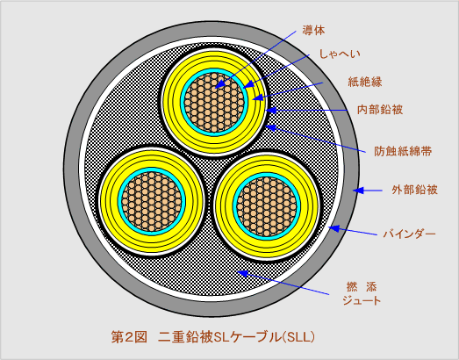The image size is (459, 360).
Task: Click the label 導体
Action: point(313,31)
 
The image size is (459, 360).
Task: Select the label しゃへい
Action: point(340,54)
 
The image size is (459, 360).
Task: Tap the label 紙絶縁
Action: point(365,82)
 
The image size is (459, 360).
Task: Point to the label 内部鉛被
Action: point(380,110)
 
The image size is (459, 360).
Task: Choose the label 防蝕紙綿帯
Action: point(403,152)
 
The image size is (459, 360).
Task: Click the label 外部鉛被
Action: point(414,191)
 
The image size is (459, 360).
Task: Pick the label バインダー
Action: point(410,234)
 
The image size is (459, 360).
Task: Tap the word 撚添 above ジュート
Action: point(362,287)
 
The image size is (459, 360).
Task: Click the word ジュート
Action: point(362,300)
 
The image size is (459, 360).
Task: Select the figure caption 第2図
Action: point(129,337)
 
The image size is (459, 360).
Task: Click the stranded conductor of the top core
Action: point(214,103)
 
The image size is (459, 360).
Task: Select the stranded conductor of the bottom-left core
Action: point(152,202)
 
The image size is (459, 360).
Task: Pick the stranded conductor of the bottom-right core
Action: point(267,206)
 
